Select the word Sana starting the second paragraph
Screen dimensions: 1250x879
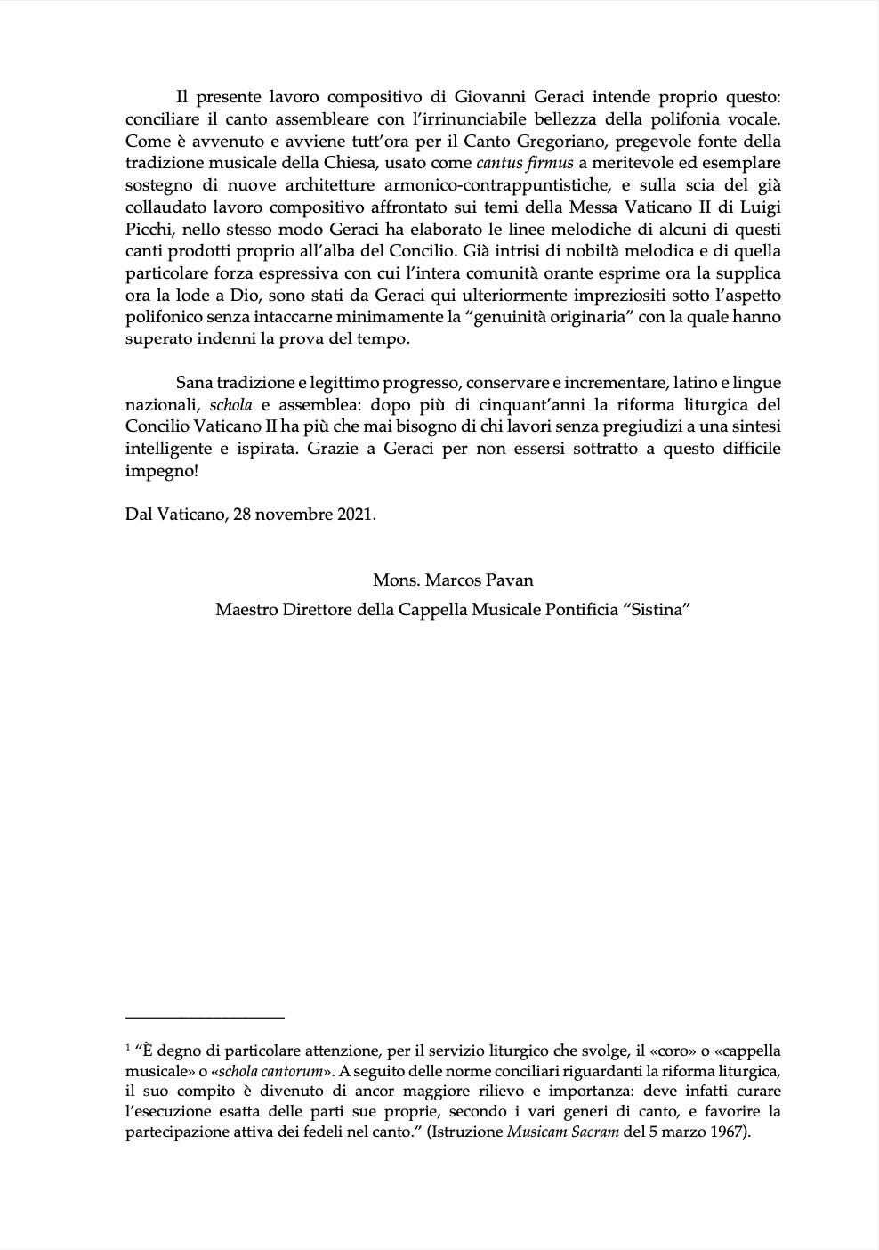coord(193,383)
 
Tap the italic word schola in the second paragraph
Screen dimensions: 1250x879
coord(230,405)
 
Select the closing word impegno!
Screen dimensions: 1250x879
coord(162,471)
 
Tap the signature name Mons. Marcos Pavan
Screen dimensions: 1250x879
coord(453,580)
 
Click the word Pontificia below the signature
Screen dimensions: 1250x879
coord(564,611)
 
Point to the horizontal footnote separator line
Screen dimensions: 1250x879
coord(205,1016)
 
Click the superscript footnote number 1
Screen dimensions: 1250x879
coord(128,1048)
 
